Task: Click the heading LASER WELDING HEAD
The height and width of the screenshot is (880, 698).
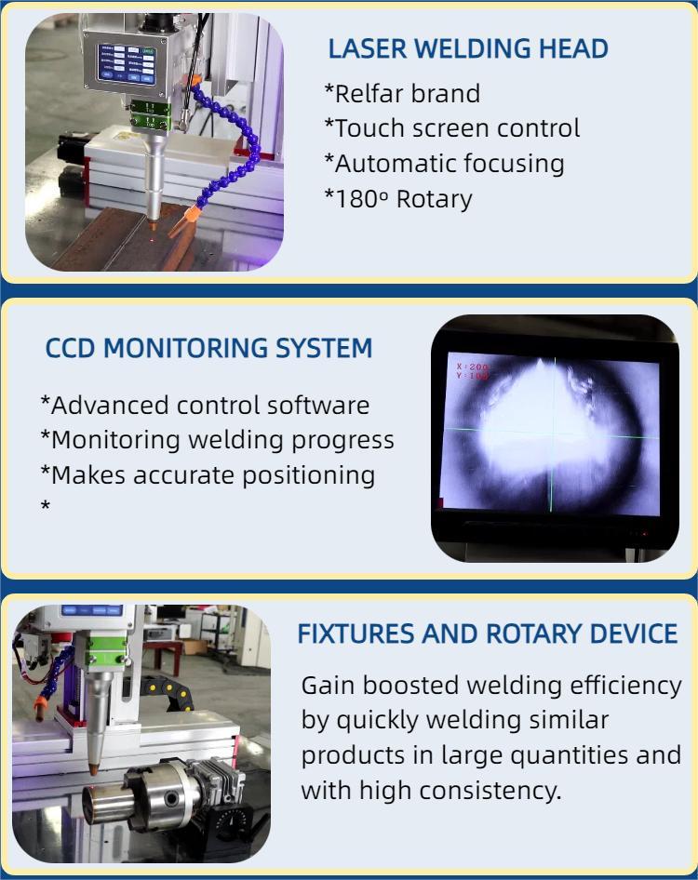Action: click(468, 48)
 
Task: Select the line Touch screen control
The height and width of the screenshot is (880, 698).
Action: click(452, 128)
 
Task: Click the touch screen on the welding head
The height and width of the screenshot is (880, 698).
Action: click(127, 64)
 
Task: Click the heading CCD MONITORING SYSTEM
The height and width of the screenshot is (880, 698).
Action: click(208, 348)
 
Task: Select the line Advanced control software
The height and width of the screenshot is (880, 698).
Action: click(205, 406)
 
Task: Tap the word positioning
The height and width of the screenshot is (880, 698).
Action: click(309, 475)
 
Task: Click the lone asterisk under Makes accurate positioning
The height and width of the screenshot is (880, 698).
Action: click(46, 506)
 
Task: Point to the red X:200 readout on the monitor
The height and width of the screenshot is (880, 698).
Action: click(474, 367)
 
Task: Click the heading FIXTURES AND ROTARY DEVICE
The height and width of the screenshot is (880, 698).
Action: click(488, 634)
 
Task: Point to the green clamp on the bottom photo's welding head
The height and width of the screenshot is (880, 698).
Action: click(105, 651)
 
